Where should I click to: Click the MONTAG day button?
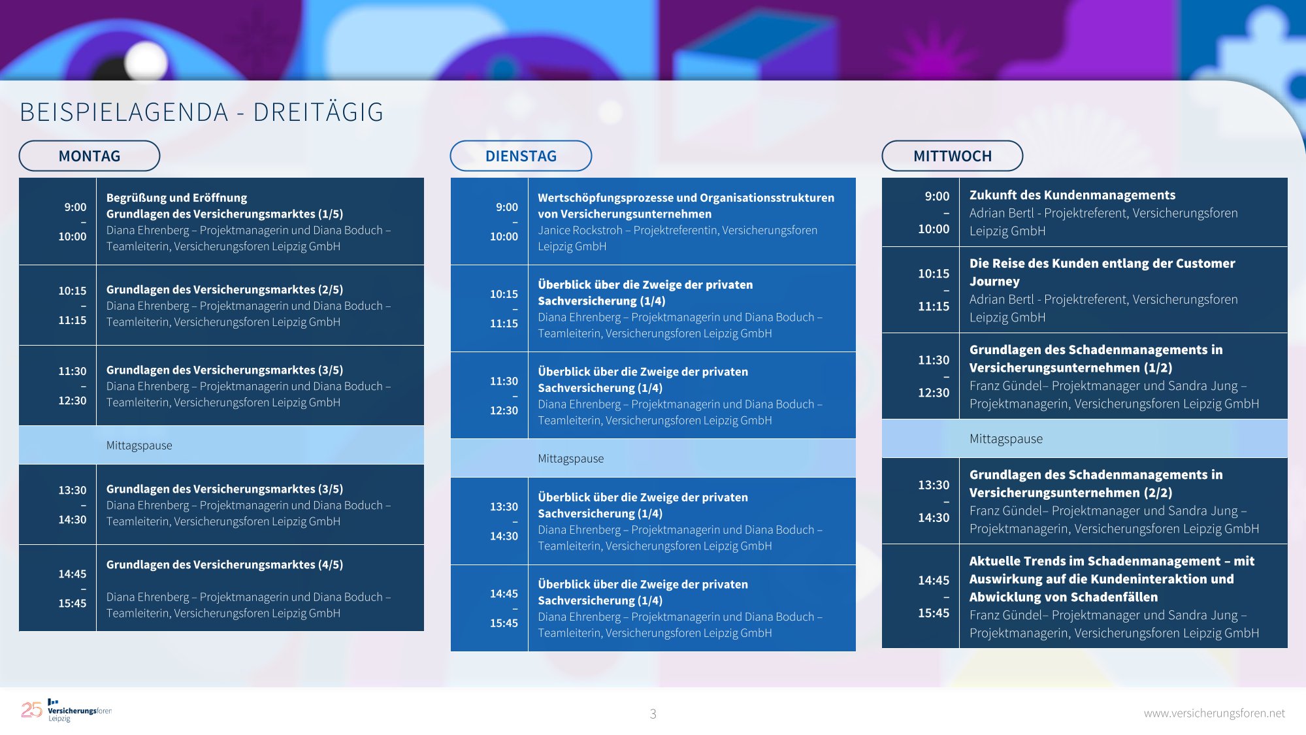click(x=90, y=156)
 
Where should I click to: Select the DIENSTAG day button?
click(x=521, y=156)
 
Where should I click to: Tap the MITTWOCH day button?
click(x=953, y=156)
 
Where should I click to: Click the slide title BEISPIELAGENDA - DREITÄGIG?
click(x=202, y=112)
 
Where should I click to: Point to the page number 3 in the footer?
click(x=653, y=713)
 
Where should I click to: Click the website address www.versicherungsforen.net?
click(x=1214, y=713)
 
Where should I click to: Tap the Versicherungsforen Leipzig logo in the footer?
click(x=66, y=710)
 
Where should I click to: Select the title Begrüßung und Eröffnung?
click(x=176, y=197)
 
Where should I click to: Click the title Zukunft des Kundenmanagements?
click(x=1072, y=195)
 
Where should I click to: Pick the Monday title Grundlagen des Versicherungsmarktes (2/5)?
click(x=225, y=289)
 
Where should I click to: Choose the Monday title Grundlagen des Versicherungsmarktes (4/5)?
click(x=225, y=564)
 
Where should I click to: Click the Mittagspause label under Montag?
click(x=139, y=446)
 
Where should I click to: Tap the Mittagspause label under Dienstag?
click(x=571, y=459)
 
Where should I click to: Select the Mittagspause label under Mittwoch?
click(x=1006, y=439)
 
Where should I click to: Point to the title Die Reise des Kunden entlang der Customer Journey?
click(x=1102, y=272)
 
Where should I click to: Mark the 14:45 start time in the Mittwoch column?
click(x=934, y=580)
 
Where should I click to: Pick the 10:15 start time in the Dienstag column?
click(x=504, y=294)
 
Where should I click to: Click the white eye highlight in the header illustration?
click(x=146, y=61)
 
